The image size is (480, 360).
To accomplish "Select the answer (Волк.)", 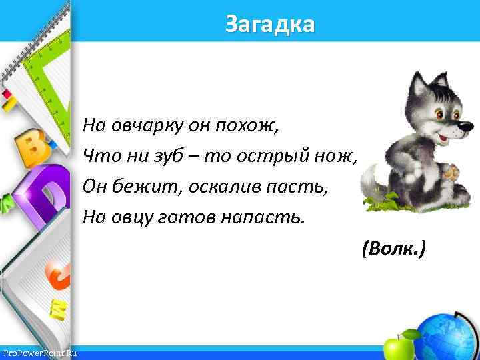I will [393, 249].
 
